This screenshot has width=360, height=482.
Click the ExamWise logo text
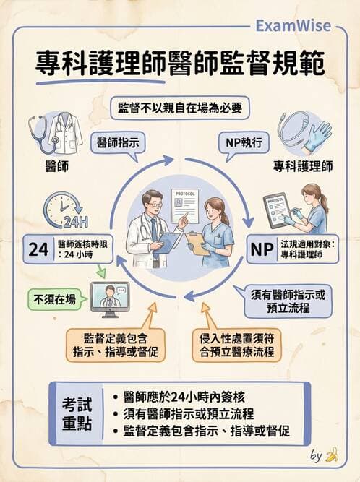pyautogui.click(x=293, y=27)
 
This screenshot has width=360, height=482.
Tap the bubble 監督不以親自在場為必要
pyautogui.click(x=180, y=108)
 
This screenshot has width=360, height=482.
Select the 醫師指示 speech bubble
pyautogui.click(x=119, y=142)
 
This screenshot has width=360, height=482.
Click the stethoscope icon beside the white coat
pyautogui.click(x=43, y=133)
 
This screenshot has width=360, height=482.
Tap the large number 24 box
pyautogui.click(x=38, y=249)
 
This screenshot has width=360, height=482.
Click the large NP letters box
pyautogui.click(x=261, y=249)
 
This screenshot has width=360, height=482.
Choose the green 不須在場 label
pyautogui.click(x=53, y=299)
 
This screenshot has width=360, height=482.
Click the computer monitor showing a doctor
pyautogui.click(x=109, y=298)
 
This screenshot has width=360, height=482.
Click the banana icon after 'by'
pyautogui.click(x=333, y=455)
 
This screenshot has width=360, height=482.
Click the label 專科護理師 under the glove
pyautogui.click(x=303, y=166)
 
